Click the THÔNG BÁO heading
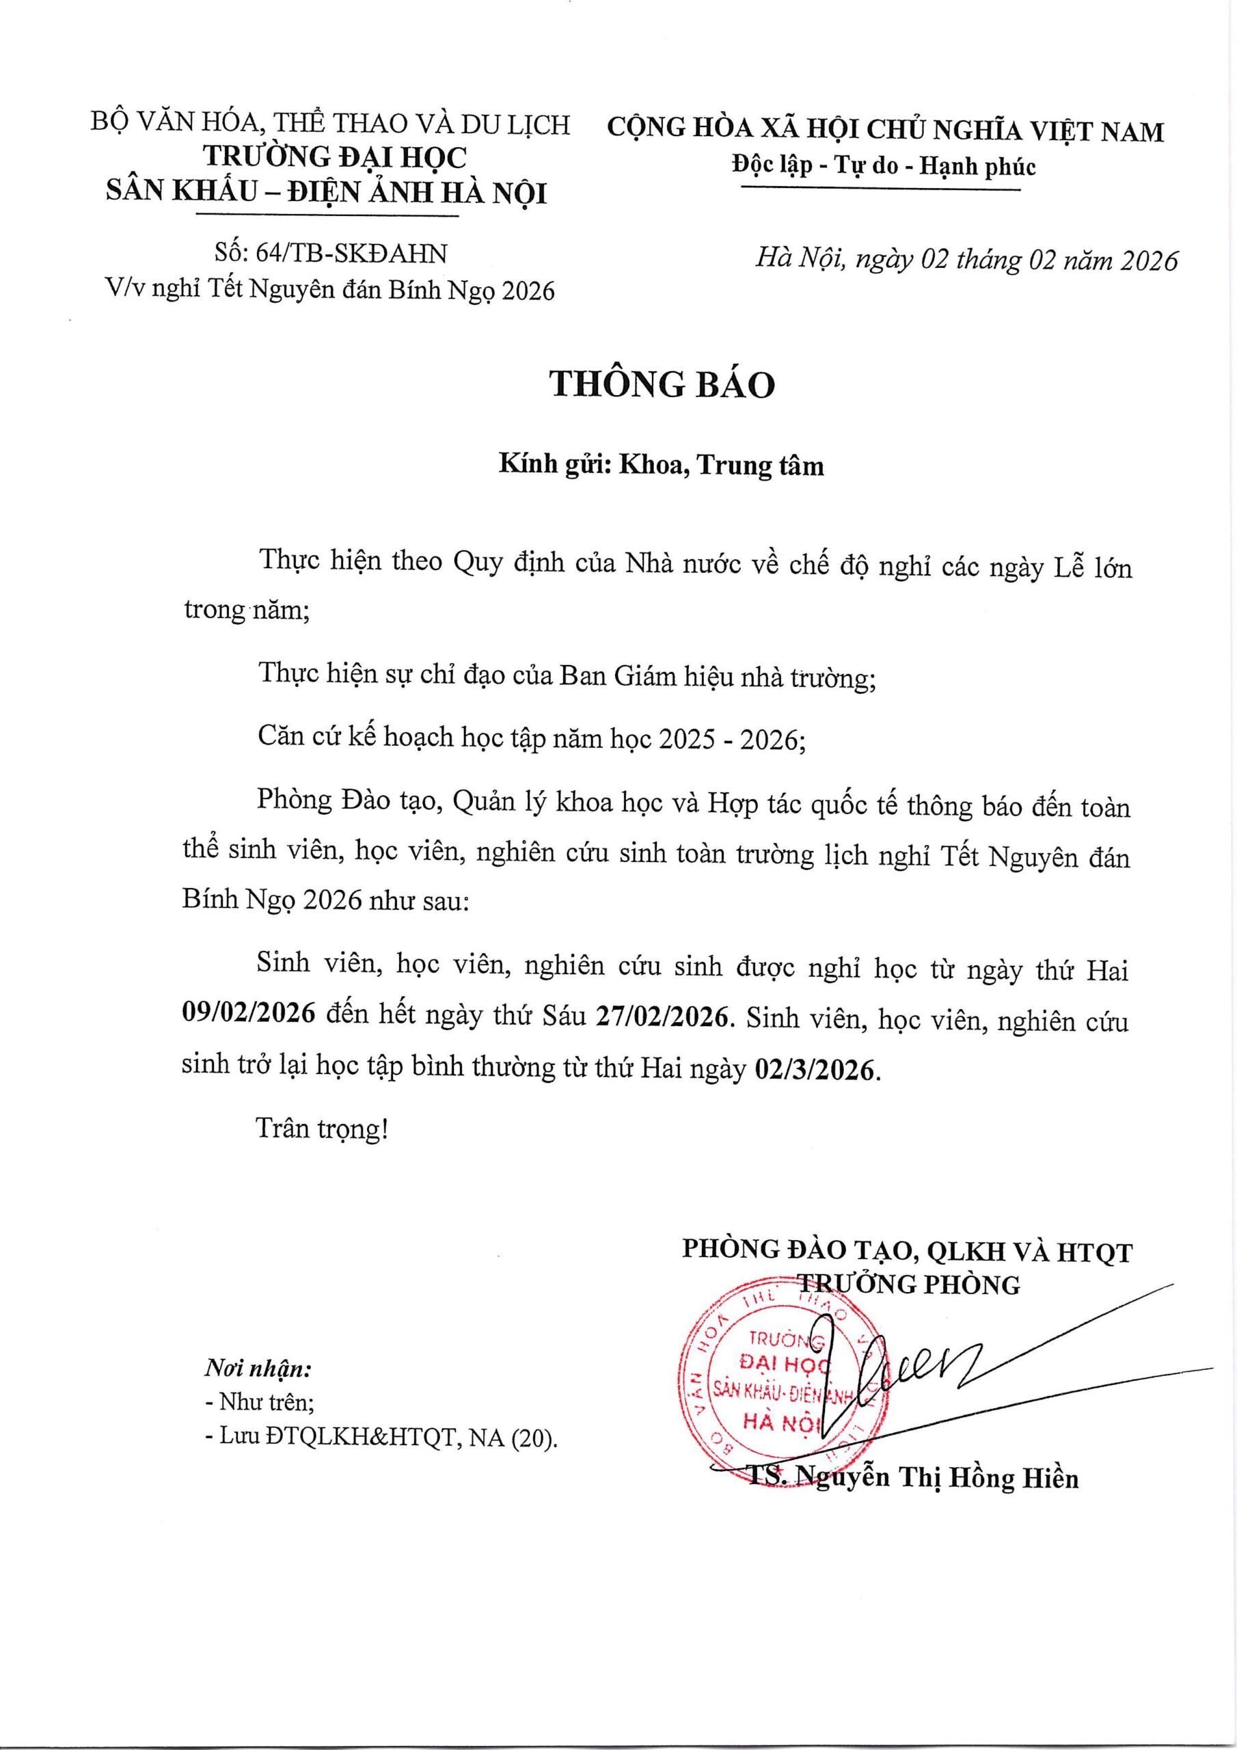coord(662,385)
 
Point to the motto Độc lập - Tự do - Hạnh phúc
coord(884,165)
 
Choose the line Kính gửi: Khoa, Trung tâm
coord(661,464)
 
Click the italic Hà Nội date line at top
coord(966,260)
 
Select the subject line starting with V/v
coord(329,290)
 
